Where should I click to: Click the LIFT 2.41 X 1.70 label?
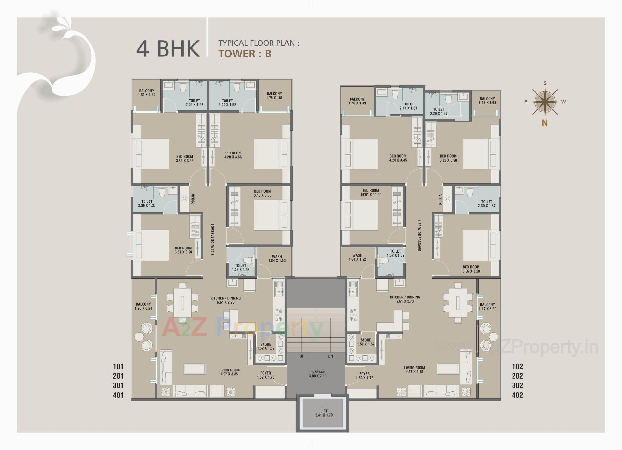tap(324, 413)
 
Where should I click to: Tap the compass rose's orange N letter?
tap(545, 123)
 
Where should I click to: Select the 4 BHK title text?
tap(168, 49)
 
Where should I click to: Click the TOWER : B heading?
tap(245, 54)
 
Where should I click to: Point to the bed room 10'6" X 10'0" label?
tap(370, 193)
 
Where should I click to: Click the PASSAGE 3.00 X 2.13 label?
tap(317, 374)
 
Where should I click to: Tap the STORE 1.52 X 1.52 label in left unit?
tap(266, 346)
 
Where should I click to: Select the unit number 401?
tap(118, 395)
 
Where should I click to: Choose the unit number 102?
tap(517, 366)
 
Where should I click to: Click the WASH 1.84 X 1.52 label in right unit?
tap(357, 257)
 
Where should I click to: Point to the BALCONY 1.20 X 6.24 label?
tap(143, 306)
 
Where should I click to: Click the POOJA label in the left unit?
tap(193, 199)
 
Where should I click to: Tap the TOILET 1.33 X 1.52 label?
tap(240, 267)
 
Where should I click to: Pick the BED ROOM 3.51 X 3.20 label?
tap(183, 250)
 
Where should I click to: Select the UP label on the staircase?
tap(302, 356)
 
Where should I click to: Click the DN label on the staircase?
tap(330, 356)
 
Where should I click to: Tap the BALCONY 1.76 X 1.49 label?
tap(357, 101)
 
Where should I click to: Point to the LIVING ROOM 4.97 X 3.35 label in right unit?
tap(414, 370)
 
